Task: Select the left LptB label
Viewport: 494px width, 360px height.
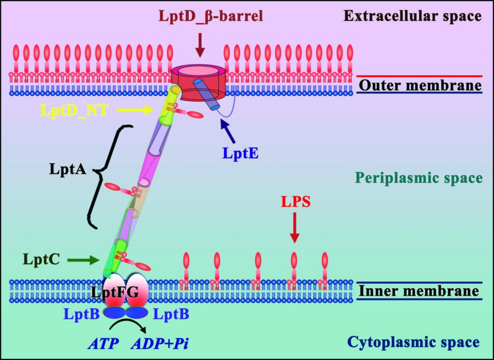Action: [x=82, y=314]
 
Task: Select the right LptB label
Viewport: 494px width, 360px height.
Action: [x=170, y=314]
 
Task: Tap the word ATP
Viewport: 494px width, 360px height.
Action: [x=102, y=344]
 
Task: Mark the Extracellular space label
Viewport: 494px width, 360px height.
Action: [x=412, y=16]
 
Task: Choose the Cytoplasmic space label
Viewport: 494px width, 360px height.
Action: [x=413, y=343]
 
